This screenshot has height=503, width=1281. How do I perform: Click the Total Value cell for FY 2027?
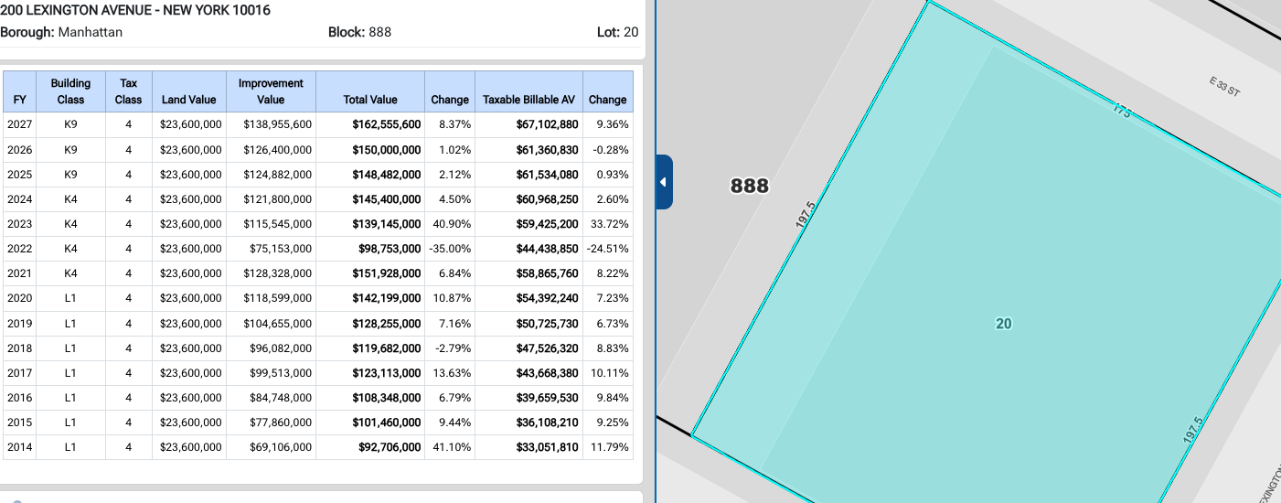click(387, 124)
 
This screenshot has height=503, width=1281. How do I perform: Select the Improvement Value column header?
click(271, 91)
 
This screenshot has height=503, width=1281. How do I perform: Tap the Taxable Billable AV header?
click(528, 100)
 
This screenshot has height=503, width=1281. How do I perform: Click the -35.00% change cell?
click(450, 249)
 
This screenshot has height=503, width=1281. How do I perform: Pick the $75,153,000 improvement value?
click(280, 249)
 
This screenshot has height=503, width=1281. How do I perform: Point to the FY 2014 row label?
click(19, 447)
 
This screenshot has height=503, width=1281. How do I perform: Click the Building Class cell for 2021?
click(70, 273)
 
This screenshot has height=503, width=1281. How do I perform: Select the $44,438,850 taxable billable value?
click(548, 249)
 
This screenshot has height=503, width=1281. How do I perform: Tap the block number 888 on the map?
click(750, 186)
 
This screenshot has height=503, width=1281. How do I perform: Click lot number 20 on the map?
click(1004, 324)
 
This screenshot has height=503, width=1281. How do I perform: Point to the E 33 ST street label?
click(1224, 87)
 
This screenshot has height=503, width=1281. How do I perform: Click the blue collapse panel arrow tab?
click(664, 182)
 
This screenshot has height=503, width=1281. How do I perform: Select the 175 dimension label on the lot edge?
click(1122, 110)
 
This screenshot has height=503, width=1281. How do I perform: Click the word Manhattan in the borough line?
click(91, 32)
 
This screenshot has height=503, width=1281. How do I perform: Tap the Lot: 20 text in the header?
click(617, 32)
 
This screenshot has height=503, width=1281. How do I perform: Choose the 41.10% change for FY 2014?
click(452, 447)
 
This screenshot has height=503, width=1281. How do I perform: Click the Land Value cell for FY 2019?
click(190, 324)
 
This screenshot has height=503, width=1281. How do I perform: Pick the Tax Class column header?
click(128, 91)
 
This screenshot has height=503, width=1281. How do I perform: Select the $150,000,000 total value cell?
click(387, 150)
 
